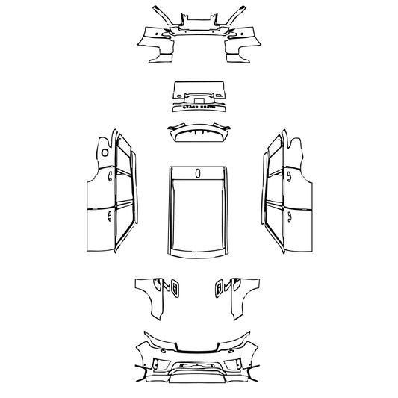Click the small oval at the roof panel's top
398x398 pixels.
point(198,173)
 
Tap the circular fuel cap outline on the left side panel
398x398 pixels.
point(105,152)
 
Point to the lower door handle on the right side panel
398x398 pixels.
point(290,217)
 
